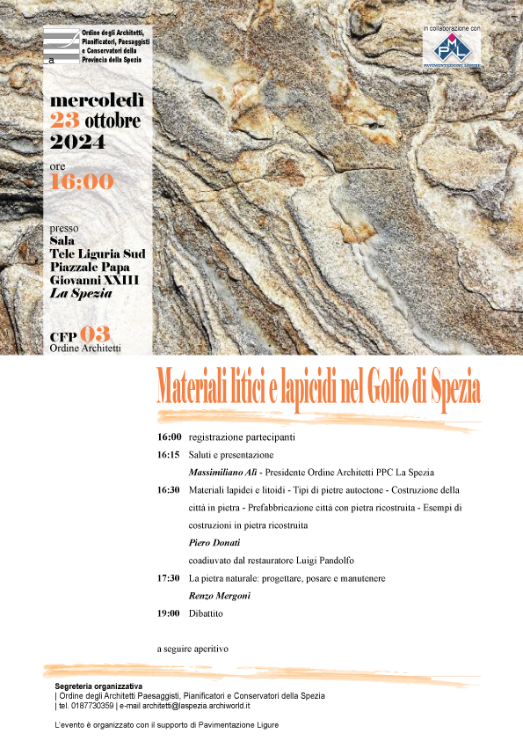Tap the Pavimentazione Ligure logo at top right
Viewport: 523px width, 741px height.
click(451, 49)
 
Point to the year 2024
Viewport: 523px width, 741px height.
click(77, 141)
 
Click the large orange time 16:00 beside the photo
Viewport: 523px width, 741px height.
click(82, 182)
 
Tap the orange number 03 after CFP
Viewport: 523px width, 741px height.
click(94, 334)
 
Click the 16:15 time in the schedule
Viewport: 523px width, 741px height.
click(169, 455)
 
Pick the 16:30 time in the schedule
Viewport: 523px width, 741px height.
click(169, 490)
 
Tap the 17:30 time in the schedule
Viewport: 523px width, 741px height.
click(169, 578)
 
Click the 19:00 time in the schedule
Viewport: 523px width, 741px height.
click(169, 613)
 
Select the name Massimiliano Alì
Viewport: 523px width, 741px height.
click(222, 473)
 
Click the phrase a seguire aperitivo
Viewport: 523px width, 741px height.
click(192, 649)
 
